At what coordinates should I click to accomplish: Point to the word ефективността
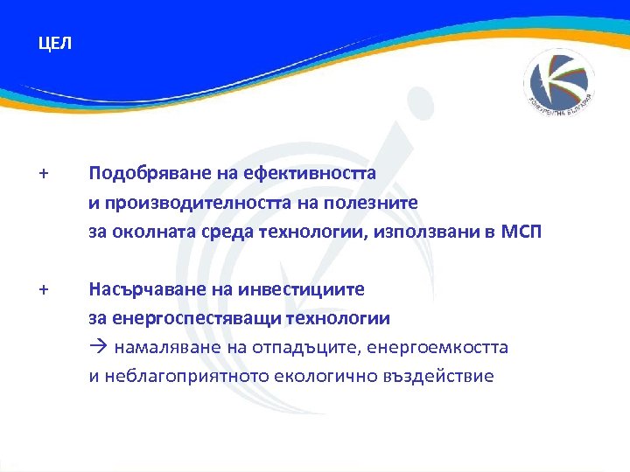click(x=302, y=173)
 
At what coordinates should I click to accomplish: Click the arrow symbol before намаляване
click(x=96, y=347)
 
